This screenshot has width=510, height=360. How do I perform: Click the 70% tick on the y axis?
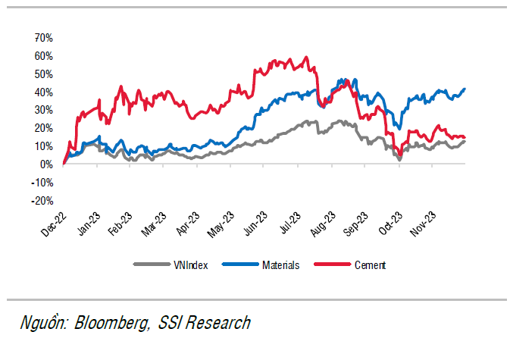click(42, 38)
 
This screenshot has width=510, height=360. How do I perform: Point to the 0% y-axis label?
click(45, 164)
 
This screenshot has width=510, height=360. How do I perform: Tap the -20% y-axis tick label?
click(41, 201)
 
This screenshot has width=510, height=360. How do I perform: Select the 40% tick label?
click(42, 92)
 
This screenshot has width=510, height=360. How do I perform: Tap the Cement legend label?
click(371, 265)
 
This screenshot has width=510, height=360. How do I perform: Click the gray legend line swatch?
click(149, 265)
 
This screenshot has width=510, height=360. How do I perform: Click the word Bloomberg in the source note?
click(111, 324)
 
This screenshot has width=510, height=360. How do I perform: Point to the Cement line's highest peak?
click(305, 57)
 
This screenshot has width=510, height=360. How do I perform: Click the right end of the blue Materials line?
click(465, 89)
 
